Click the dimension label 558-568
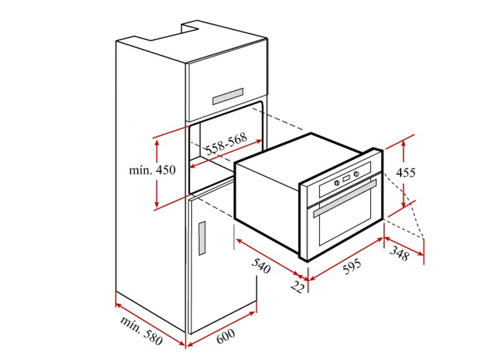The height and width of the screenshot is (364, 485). [x=227, y=144]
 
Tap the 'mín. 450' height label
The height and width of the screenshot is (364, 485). [x=152, y=170]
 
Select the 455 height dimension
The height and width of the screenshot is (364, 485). [x=406, y=172]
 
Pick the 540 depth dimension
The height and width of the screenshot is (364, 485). [x=261, y=265]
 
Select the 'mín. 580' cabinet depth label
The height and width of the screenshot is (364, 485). [x=141, y=331]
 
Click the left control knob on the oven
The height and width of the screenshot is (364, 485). [x=337, y=183]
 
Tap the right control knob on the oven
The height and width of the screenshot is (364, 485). [x=356, y=174]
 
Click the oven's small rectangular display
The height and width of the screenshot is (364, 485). [x=347, y=178]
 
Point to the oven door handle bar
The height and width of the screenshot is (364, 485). [x=345, y=198]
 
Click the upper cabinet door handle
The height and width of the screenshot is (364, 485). [x=227, y=96]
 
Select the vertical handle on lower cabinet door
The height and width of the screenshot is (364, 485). [x=202, y=238]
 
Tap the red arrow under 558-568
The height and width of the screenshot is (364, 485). [x=226, y=154]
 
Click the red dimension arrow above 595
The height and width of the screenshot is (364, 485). [x=346, y=259]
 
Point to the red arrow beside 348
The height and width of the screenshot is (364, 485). [x=404, y=246]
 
